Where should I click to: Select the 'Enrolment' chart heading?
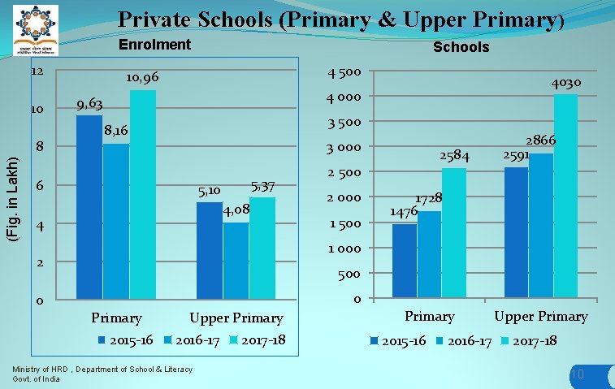coord(154,45)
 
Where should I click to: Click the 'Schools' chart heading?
coord(461,47)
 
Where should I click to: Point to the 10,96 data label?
coord(141,78)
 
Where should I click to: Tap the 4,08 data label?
coord(236,211)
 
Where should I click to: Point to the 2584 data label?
coord(455,154)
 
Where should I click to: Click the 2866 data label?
coord(540,140)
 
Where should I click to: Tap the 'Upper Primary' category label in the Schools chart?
coord(540,316)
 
